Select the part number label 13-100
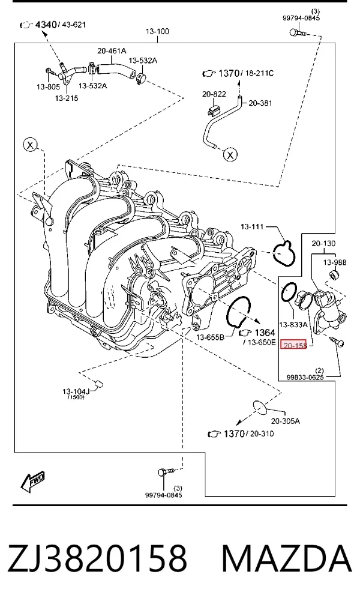[x=157, y=31]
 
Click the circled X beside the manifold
[x=31, y=145]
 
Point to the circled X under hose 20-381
[x=230, y=155]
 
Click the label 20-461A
[x=112, y=50]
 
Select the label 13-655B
[x=210, y=337]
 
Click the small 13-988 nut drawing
[x=334, y=275]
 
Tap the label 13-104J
[x=76, y=391]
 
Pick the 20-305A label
[x=286, y=421]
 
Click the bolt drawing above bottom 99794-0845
[x=166, y=473]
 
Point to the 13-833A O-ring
[x=289, y=292]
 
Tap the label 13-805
[x=49, y=86]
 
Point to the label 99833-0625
[x=305, y=377]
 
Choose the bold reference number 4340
[x=46, y=25]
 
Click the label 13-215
[x=67, y=98]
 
